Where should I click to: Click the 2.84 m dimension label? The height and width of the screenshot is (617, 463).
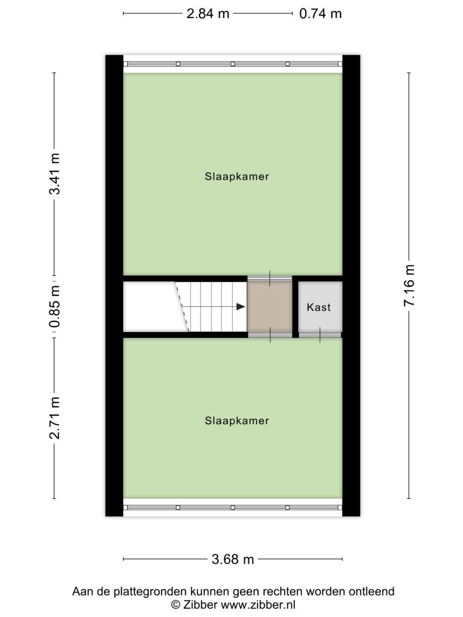pyautogui.click(x=207, y=14)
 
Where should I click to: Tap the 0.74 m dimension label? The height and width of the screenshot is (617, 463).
pyautogui.click(x=320, y=14)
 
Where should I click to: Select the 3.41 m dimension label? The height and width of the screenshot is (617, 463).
pyautogui.click(x=55, y=174)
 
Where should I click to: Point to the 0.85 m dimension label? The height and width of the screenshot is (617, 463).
pyautogui.click(x=55, y=307)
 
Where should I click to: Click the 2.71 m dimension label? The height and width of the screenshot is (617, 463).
pyautogui.click(x=55, y=418)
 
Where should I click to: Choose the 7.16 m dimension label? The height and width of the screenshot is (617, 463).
pyautogui.click(x=409, y=285)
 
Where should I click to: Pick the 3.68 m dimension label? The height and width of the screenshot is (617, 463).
pyautogui.click(x=233, y=559)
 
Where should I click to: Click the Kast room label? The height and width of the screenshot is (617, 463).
pyautogui.click(x=318, y=307)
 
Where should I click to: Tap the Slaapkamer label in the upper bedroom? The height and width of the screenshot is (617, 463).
pyautogui.click(x=236, y=177)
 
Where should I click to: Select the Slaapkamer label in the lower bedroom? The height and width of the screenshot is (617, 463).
pyautogui.click(x=236, y=421)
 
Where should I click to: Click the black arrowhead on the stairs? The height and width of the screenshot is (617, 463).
pyautogui.click(x=241, y=307)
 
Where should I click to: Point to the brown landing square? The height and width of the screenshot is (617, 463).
pyautogui.click(x=269, y=307)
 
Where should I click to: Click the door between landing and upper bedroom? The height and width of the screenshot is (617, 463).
pyautogui.click(x=269, y=278)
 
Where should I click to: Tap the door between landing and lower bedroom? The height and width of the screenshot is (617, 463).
pyautogui.click(x=270, y=335)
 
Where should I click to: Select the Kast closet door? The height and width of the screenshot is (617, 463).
pyautogui.click(x=320, y=335)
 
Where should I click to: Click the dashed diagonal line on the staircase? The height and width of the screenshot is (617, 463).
pyautogui.click(x=182, y=307)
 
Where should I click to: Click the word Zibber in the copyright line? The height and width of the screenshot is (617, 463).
pyautogui.click(x=199, y=604)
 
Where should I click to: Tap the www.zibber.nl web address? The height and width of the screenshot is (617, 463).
pyautogui.click(x=258, y=604)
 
